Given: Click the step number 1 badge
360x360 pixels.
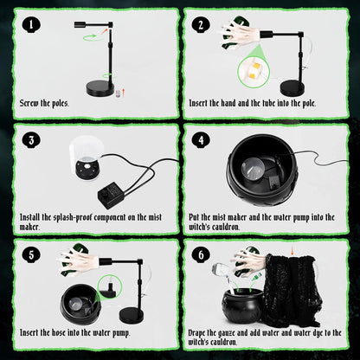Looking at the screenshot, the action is click(x=31, y=25).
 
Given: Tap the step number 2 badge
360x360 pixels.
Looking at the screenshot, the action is click(x=201, y=25).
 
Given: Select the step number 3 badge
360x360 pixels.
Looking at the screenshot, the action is click(x=31, y=140).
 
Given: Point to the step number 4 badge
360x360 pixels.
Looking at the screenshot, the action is click(x=201, y=140).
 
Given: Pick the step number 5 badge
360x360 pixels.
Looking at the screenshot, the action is click(x=31, y=255).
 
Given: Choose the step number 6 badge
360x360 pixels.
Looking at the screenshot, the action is click(x=201, y=255).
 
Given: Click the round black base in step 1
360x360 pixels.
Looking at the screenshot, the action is click(x=100, y=88).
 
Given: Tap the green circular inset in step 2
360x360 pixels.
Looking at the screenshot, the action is click(x=253, y=72).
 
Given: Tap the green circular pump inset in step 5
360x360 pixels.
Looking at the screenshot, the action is click(x=110, y=287).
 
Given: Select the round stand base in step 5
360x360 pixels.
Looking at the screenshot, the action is click(x=132, y=316).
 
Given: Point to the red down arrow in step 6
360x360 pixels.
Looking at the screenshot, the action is click(x=292, y=250).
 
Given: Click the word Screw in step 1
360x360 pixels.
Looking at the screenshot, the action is click(x=29, y=103).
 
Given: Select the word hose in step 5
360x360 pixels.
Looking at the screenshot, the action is click(x=59, y=332).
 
